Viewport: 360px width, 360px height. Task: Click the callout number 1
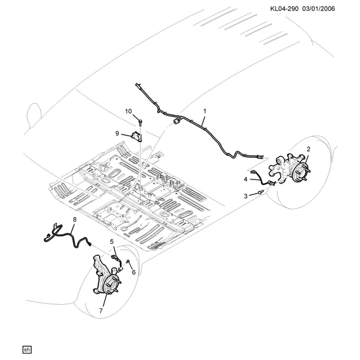(205, 111)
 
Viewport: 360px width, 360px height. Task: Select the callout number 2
(308, 149)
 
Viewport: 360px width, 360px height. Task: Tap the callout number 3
(245, 196)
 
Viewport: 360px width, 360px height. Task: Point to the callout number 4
(245, 179)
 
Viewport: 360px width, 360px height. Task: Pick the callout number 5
(112, 242)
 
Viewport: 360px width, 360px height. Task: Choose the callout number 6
(134, 272)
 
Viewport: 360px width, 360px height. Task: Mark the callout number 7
(101, 311)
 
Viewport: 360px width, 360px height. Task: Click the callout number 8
(74, 220)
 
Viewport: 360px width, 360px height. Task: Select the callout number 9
(117, 133)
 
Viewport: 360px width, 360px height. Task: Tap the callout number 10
(128, 112)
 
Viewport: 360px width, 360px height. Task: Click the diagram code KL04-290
(284, 9)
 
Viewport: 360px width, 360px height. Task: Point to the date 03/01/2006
(319, 9)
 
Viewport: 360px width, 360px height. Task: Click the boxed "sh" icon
(27, 350)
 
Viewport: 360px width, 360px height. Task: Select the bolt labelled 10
(140, 122)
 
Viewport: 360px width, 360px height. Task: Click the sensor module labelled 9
(137, 137)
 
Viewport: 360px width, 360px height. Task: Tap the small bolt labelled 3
(260, 192)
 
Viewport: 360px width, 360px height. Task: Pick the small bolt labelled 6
(128, 262)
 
